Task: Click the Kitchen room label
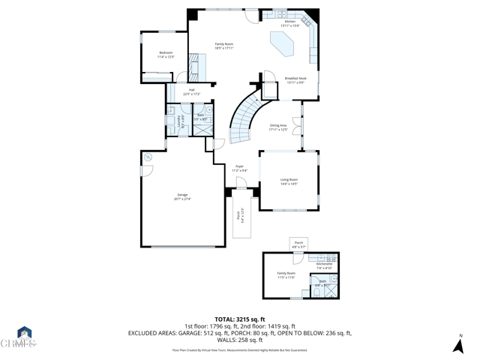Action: pos(290,23)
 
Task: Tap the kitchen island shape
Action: pos(286,48)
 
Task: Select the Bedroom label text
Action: pos(166,54)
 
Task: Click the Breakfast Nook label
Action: pos(295,79)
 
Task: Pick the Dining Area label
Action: pos(278,127)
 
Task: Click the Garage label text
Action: pos(182,196)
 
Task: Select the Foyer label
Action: pos(239,168)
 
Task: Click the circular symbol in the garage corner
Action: pos(148,157)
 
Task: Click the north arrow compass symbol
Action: pos(458,344)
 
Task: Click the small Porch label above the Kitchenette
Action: pos(298,244)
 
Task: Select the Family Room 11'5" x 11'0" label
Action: pos(286,275)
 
